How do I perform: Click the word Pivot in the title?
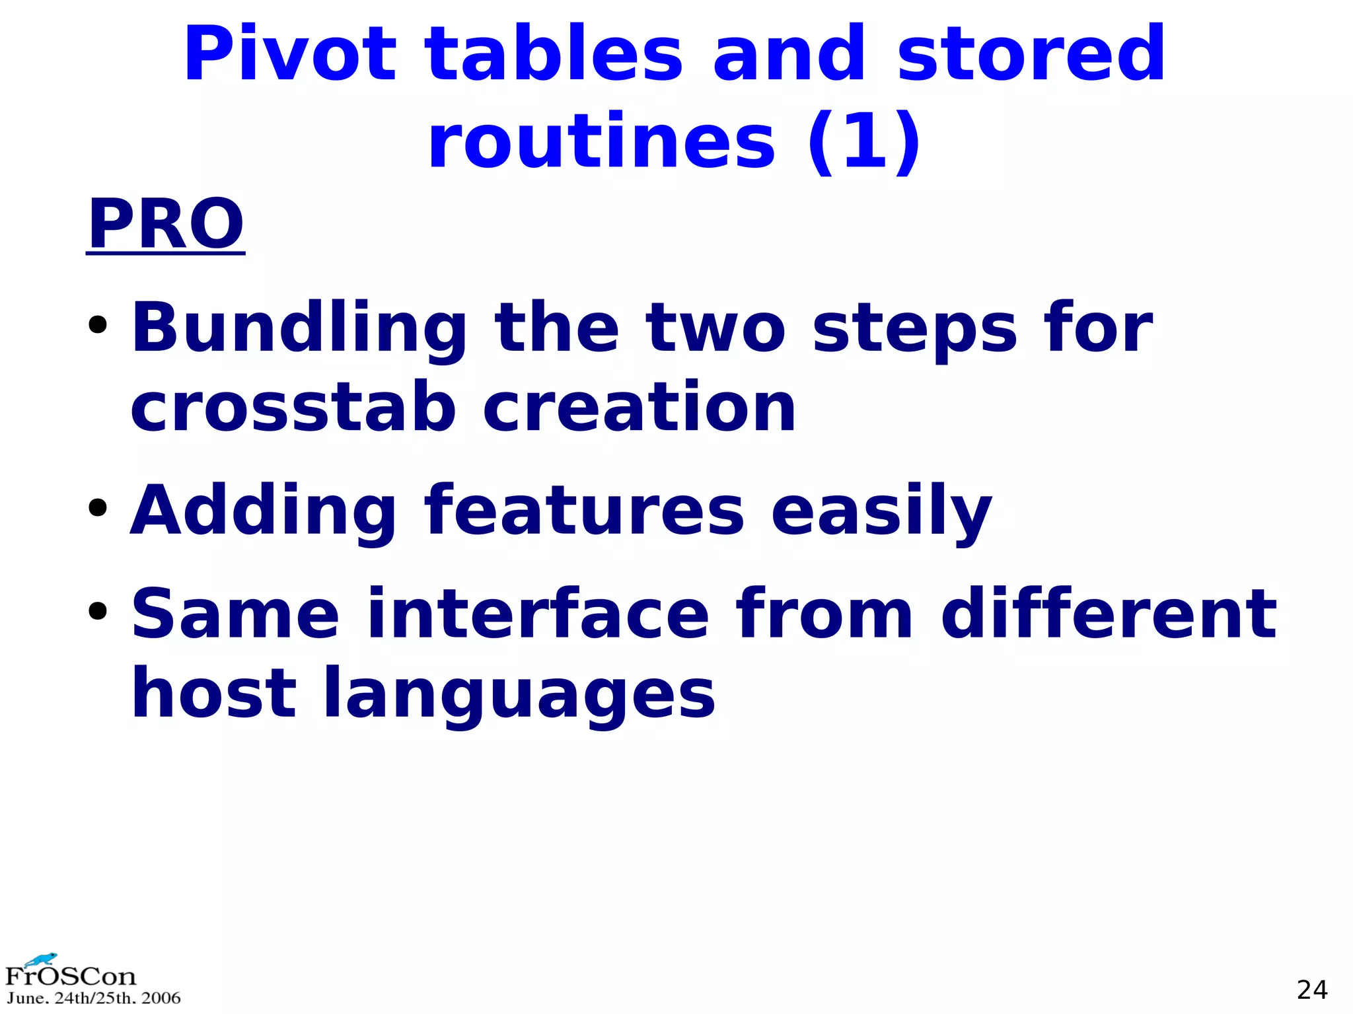tap(289, 54)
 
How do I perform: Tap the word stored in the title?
tap(1031, 54)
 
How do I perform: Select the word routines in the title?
tap(601, 142)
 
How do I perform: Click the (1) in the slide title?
tap(863, 142)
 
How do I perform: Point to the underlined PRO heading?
tap(166, 224)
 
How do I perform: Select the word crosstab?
tap(293, 408)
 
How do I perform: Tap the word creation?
tap(639, 408)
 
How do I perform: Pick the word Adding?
tap(263, 511)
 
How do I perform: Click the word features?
tap(585, 510)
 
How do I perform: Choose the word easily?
tap(881, 511)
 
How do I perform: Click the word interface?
tap(538, 614)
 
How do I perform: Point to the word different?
tap(1109, 614)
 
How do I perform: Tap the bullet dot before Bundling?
tap(98, 325)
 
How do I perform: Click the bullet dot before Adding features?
tap(98, 507)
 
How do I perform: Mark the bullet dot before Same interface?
tap(98, 611)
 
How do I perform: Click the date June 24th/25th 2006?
tap(93, 998)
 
